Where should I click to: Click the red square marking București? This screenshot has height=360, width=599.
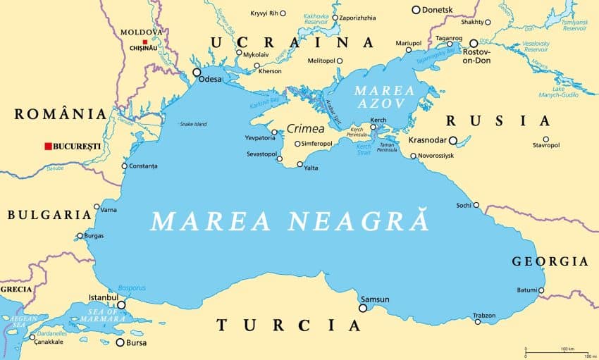click(x=47, y=146)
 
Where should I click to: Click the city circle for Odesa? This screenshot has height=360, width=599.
click(x=197, y=72)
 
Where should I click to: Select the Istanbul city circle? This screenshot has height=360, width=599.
click(x=121, y=305)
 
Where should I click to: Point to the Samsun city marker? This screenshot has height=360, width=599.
click(x=363, y=308)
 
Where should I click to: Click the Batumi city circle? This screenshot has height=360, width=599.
click(x=541, y=290)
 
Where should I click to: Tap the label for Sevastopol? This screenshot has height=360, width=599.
click(x=261, y=154)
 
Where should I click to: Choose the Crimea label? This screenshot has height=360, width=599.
click(x=305, y=129)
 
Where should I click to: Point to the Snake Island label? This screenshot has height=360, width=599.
click(x=193, y=124)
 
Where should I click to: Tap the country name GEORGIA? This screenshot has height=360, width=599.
click(x=550, y=261)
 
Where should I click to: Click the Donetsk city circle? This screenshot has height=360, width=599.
click(x=416, y=10)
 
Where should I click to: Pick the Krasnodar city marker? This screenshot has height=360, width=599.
click(x=454, y=140)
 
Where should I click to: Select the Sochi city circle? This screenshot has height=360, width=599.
click(x=476, y=205)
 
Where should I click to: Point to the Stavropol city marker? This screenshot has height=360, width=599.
click(x=545, y=139)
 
